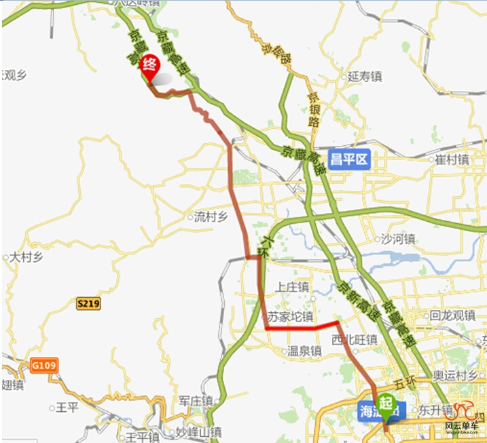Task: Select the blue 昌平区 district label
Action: [348, 159]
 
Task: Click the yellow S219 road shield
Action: [88, 304]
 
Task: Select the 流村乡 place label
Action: [209, 218]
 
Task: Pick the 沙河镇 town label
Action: [397, 239]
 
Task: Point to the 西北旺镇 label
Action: [354, 340]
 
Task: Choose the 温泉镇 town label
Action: [303, 351]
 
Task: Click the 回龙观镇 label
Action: [452, 315]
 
